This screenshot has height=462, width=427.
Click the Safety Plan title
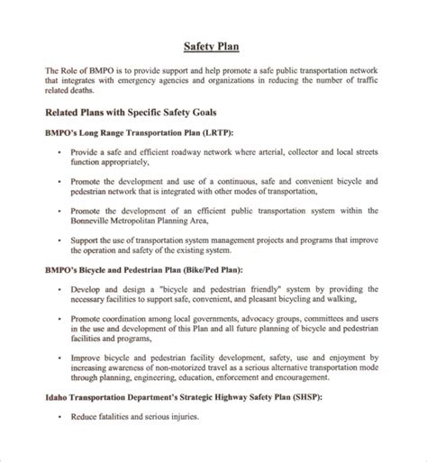point(213,46)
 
